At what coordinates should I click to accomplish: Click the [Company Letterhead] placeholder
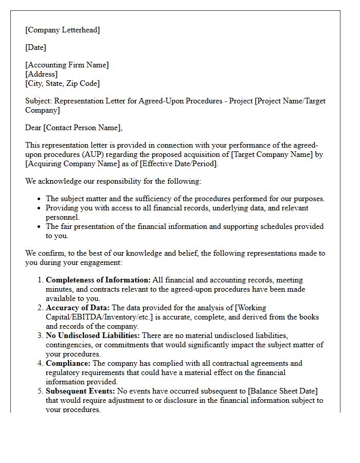[x=63, y=30]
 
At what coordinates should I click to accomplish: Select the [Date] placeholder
[x=35, y=47]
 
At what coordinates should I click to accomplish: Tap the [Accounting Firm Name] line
[x=67, y=65]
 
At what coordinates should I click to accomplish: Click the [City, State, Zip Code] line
[x=62, y=83]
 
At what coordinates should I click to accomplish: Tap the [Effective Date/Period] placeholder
[x=179, y=164]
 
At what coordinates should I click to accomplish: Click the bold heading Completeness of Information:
[x=98, y=280]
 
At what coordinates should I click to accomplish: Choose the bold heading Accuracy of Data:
[x=78, y=308]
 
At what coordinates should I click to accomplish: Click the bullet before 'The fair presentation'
[x=40, y=227]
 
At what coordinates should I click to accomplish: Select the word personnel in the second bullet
[x=62, y=217]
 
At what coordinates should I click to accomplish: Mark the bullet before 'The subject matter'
[x=40, y=199]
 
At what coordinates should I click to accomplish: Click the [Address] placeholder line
[x=42, y=74]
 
